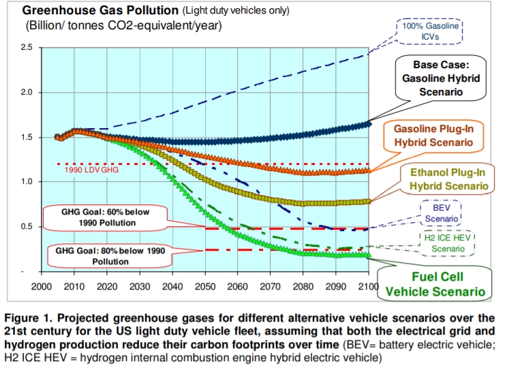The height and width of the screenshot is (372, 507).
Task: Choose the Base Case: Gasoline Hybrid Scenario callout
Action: pos(438,78)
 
